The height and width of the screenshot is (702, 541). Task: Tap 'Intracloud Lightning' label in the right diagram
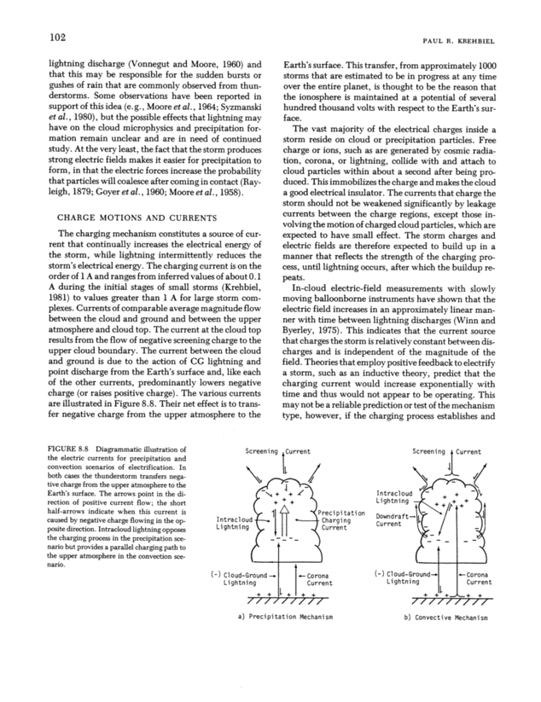394,496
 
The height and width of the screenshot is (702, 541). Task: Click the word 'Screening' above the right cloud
428,450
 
